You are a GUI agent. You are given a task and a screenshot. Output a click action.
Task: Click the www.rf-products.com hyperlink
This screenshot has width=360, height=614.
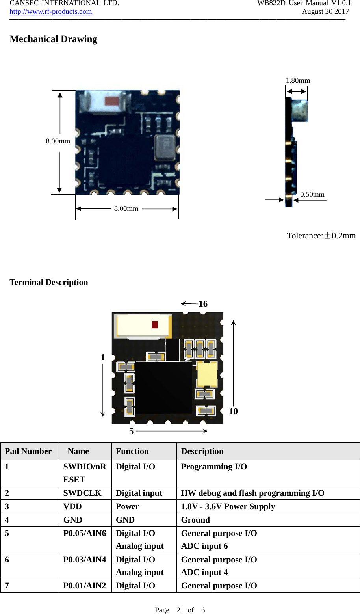click(50, 11)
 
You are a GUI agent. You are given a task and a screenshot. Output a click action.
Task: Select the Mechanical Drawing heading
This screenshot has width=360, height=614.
click(53, 39)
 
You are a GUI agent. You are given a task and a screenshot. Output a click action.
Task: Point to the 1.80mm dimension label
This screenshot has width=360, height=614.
click(298, 80)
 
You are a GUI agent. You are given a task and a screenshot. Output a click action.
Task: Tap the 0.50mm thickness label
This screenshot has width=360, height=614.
click(312, 194)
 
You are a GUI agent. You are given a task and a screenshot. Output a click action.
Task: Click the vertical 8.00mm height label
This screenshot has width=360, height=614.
click(58, 141)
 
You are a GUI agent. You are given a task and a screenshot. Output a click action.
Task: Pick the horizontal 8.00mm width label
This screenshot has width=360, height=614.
click(126, 208)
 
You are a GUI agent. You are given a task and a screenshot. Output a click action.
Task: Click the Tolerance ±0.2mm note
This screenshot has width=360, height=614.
click(321, 236)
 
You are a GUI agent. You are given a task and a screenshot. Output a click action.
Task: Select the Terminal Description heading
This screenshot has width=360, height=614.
click(49, 282)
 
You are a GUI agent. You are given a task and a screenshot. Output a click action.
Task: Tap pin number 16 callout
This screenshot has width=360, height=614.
click(203, 304)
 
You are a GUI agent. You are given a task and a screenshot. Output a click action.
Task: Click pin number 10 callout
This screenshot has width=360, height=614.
click(233, 411)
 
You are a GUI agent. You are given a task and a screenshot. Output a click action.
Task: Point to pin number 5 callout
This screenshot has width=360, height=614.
click(132, 431)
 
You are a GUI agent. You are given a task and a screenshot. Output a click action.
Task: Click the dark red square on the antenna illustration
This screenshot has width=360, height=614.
click(155, 324)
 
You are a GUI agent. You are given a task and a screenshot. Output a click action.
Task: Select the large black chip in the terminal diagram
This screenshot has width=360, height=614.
click(163, 387)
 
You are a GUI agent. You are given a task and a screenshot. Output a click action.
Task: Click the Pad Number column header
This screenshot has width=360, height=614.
click(28, 451)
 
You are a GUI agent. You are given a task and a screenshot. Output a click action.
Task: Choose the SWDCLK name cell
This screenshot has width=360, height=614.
click(82, 493)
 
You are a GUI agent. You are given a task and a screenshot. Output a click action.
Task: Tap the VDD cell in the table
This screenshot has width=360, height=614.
click(72, 506)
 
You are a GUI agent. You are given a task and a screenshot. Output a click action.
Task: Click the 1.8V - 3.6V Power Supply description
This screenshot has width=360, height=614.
click(228, 506)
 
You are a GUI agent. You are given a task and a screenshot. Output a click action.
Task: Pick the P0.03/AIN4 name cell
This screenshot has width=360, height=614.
click(85, 560)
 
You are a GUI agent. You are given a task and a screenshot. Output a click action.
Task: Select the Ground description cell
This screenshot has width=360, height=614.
click(195, 520)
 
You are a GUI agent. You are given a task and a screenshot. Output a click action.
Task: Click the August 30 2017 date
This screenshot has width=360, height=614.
click(325, 11)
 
